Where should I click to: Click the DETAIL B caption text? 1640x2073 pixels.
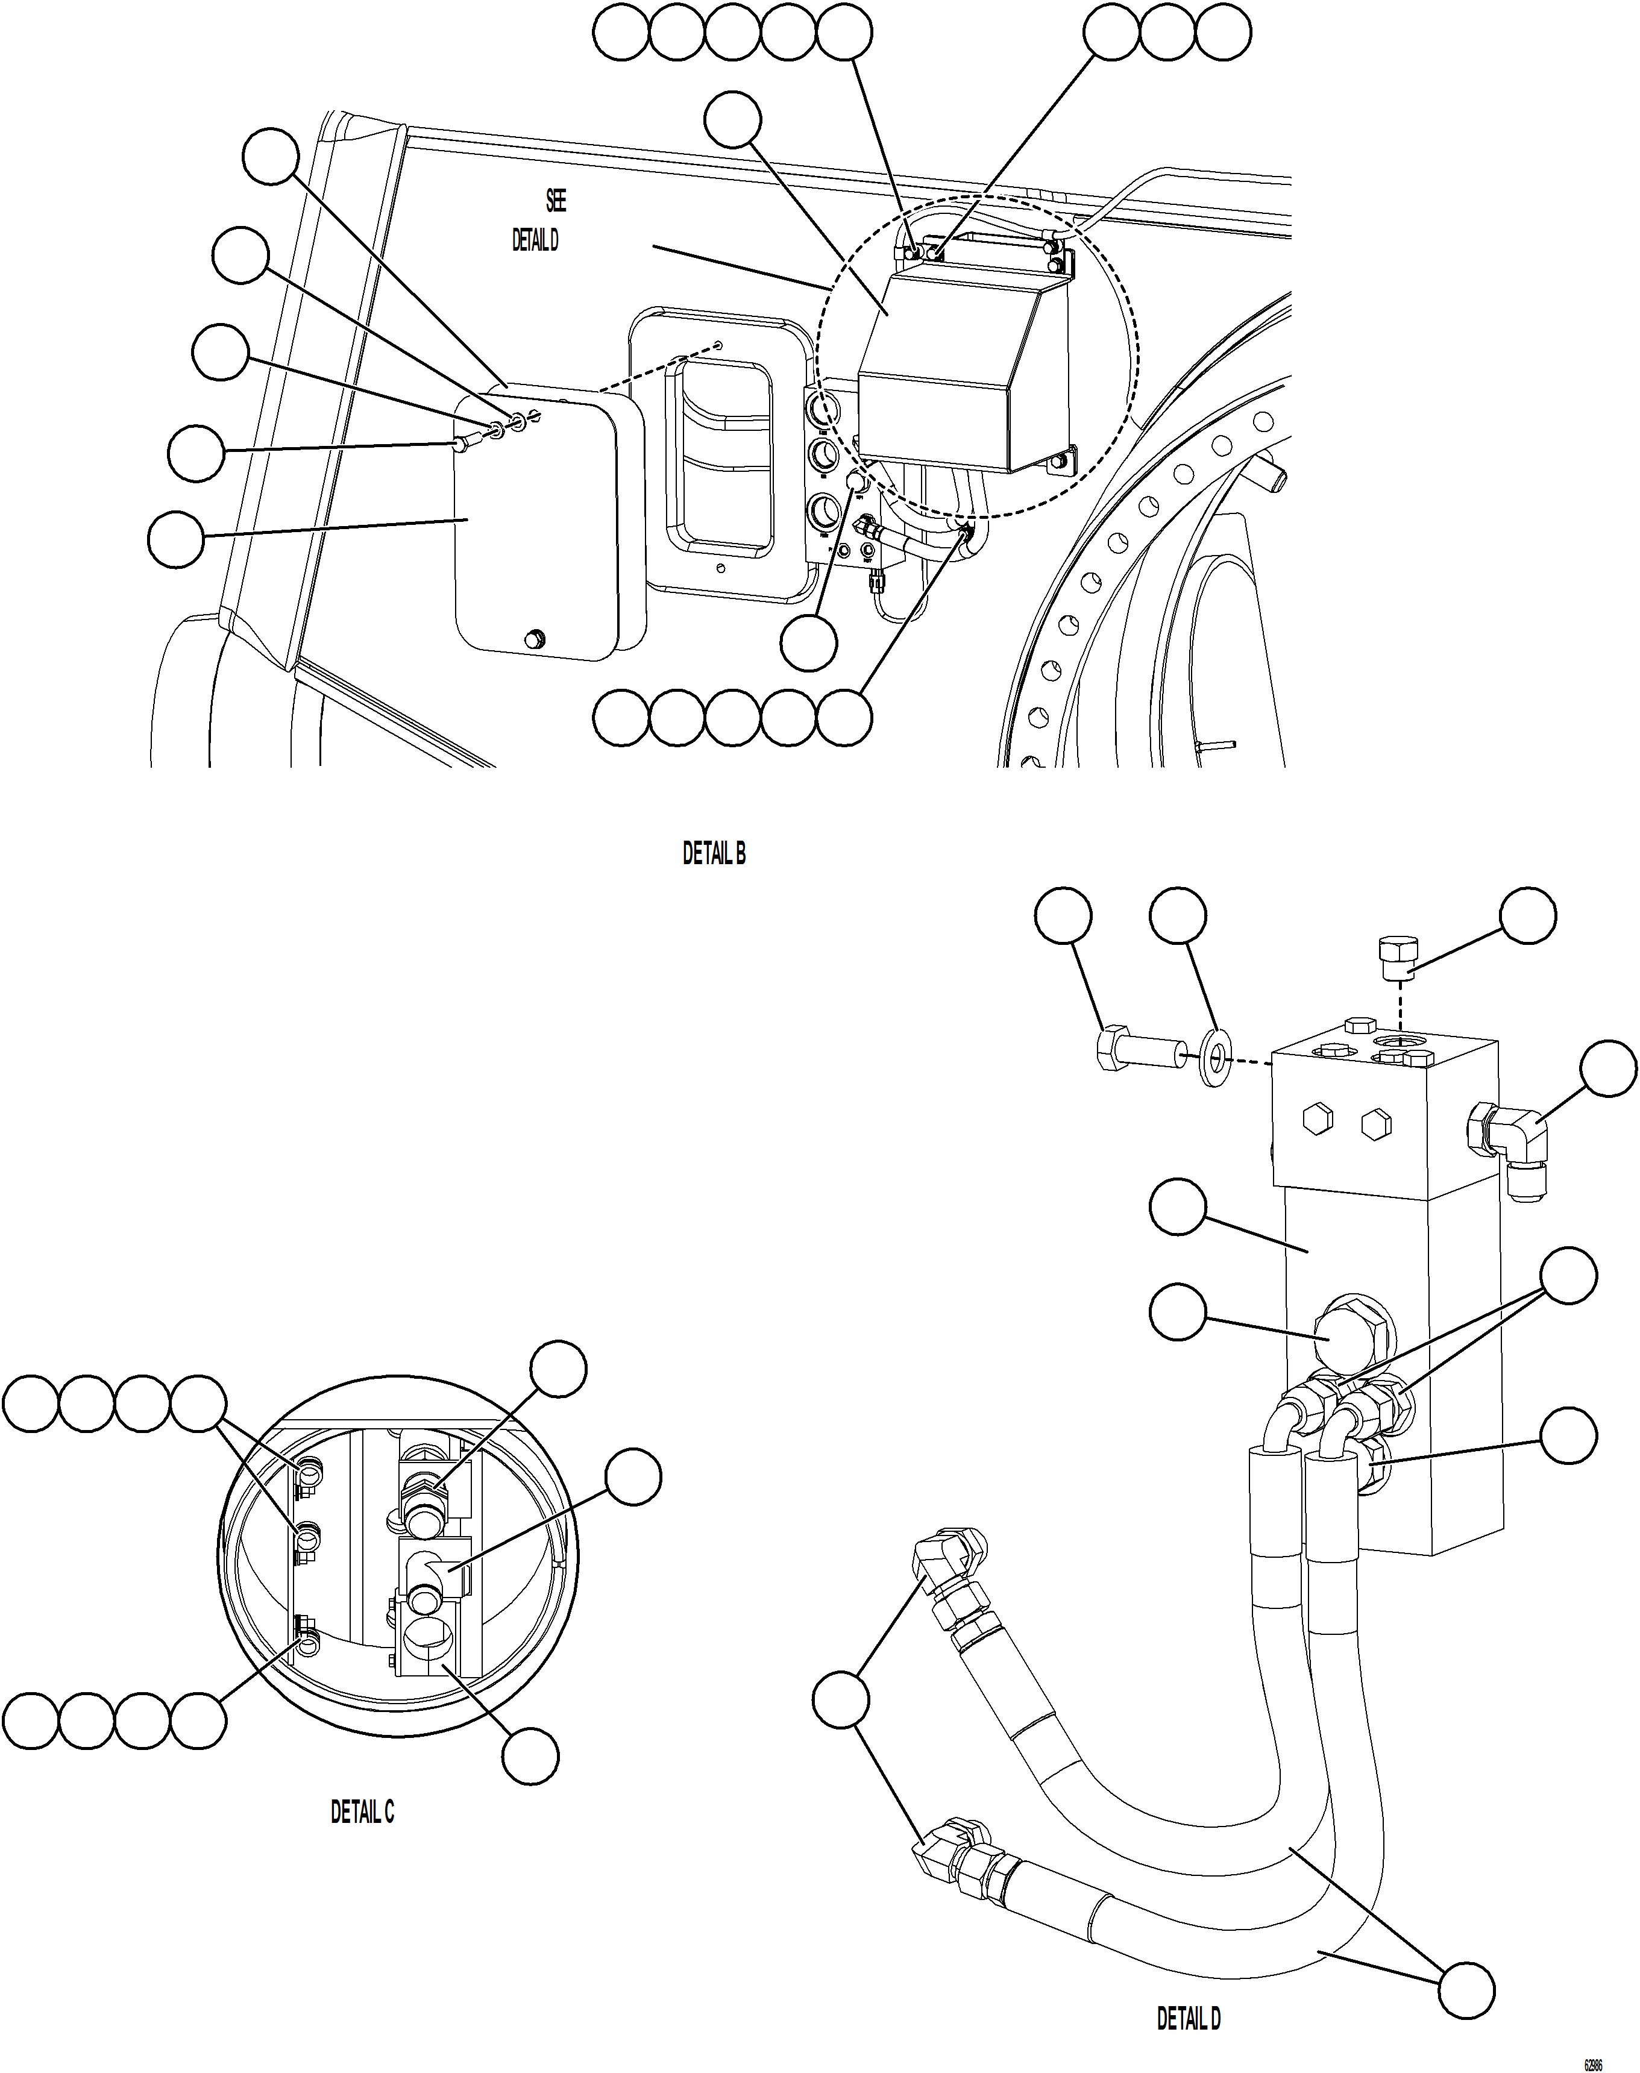pyautogui.click(x=714, y=853)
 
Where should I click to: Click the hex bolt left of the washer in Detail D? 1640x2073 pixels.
pyautogui.click(x=1136, y=1053)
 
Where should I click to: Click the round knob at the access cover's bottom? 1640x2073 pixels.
pyautogui.click(x=535, y=639)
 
